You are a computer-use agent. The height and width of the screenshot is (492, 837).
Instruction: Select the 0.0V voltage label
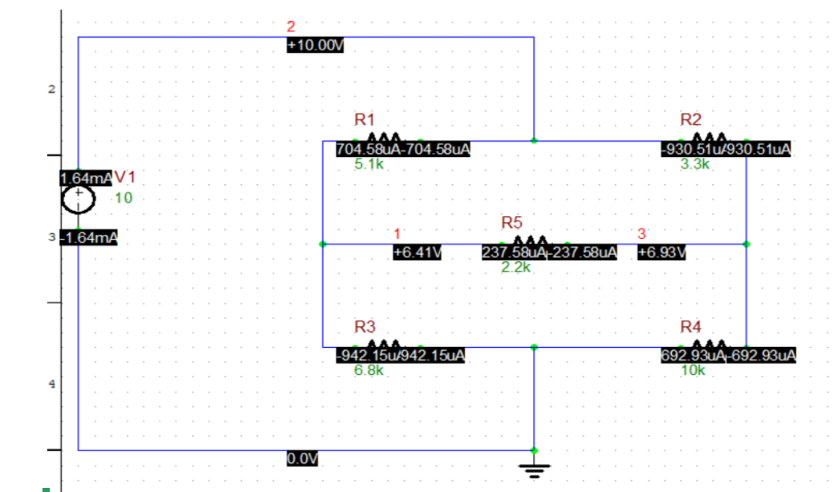point(302,458)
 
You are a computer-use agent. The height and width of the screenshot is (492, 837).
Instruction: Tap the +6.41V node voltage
point(418,252)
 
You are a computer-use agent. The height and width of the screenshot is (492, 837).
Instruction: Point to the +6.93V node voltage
point(662,252)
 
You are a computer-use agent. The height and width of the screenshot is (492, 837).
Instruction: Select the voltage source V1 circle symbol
point(78,198)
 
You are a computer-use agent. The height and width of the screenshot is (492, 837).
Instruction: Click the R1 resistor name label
point(365,120)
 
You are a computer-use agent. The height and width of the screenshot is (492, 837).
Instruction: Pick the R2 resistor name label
point(690,120)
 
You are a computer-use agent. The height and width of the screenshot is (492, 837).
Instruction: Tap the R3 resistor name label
point(365,327)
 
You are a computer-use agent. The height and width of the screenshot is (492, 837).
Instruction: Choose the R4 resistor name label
point(690,327)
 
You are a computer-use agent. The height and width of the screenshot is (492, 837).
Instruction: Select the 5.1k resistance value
point(370,165)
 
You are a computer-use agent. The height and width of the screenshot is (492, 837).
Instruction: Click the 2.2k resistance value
point(516,268)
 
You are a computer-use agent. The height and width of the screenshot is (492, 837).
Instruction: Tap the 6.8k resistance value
point(370,371)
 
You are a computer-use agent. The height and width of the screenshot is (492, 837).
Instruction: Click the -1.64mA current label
point(89,238)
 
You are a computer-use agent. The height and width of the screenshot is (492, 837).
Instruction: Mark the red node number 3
point(641,234)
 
